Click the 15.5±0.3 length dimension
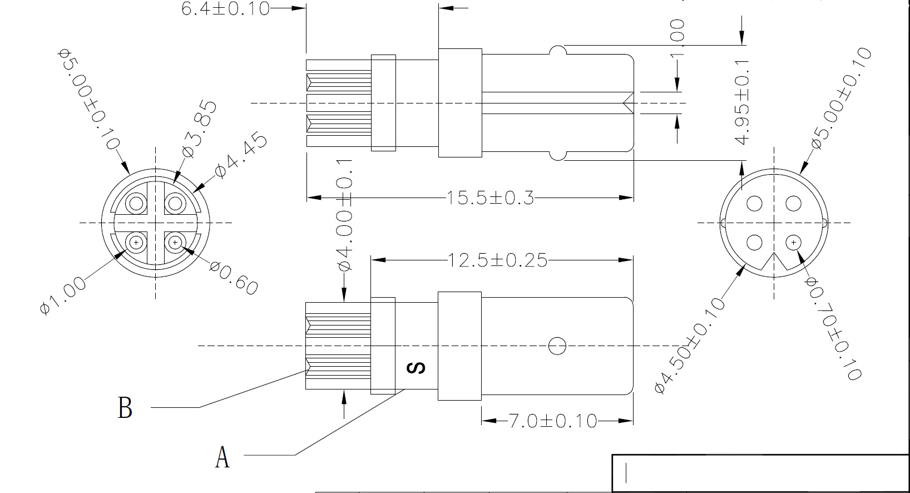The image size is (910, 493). (489, 198)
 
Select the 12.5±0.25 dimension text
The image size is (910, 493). (497, 260)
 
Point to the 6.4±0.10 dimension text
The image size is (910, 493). (225, 8)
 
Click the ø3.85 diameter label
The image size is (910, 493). (199, 129)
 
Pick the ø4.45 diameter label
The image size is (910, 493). (241, 156)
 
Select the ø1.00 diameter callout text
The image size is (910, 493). (63, 295)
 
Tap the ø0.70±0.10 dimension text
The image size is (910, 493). (833, 328)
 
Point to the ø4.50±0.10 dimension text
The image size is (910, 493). (690, 346)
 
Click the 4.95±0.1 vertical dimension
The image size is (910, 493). (742, 102)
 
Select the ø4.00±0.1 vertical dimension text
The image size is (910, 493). (345, 215)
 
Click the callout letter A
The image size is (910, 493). (222, 457)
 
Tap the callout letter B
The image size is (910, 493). (125, 408)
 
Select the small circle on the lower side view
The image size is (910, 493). (557, 346)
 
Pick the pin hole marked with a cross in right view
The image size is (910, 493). (793, 243)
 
